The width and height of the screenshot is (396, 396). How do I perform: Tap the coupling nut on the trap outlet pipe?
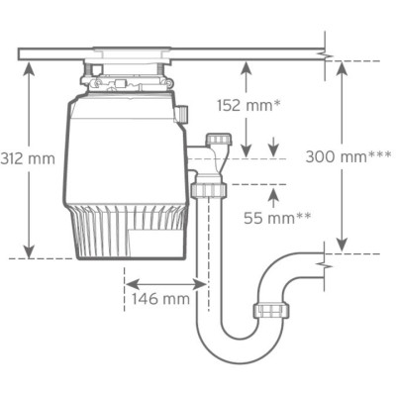click(269, 310)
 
